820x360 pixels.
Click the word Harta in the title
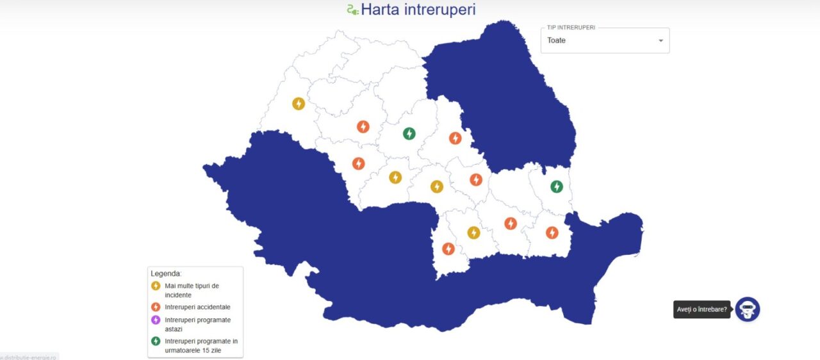coord(381,10)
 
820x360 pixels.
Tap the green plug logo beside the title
coord(352,10)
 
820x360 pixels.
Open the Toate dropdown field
coord(596,40)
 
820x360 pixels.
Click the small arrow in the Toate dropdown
coord(660,41)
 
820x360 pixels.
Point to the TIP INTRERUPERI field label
coord(571,28)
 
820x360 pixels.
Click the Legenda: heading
coord(166,274)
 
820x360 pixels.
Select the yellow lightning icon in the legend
coord(156,286)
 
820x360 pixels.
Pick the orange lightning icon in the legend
coord(156,307)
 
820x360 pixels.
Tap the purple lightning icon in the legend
coord(156,320)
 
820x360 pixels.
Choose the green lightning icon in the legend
coord(156,341)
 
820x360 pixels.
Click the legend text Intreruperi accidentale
coord(197,307)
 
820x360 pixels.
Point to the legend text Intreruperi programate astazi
coord(197,324)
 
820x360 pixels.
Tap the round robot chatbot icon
coord(747,309)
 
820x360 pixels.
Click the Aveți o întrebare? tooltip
coord(701,309)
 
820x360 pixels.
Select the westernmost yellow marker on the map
coord(299,103)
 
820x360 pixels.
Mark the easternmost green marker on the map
coord(557,186)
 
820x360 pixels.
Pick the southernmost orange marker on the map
coord(448,249)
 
